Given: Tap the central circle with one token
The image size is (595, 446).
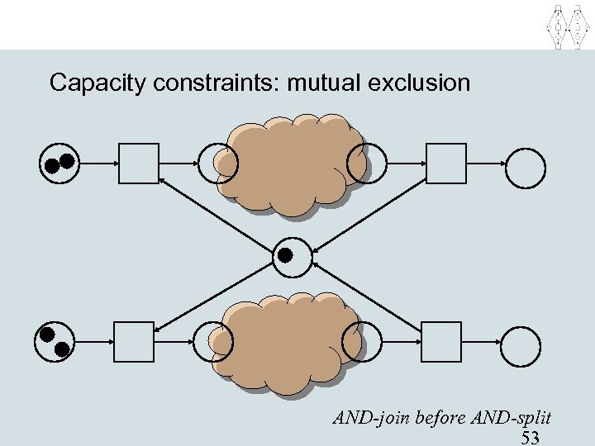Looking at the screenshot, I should tap(293, 256).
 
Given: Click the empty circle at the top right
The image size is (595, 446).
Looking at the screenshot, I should tap(526, 165).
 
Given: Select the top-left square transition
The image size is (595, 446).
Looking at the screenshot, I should tap(138, 163).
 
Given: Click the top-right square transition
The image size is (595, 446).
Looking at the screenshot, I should tap(445, 163).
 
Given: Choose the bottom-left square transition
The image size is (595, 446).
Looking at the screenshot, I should tap(133, 342).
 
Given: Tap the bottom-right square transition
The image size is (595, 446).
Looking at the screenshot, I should tap(440, 341).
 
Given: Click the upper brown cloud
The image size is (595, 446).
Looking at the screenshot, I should tap(290, 164).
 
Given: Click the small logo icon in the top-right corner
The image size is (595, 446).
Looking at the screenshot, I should tap(568, 25).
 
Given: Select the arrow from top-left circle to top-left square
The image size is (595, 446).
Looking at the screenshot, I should tap(98, 164).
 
